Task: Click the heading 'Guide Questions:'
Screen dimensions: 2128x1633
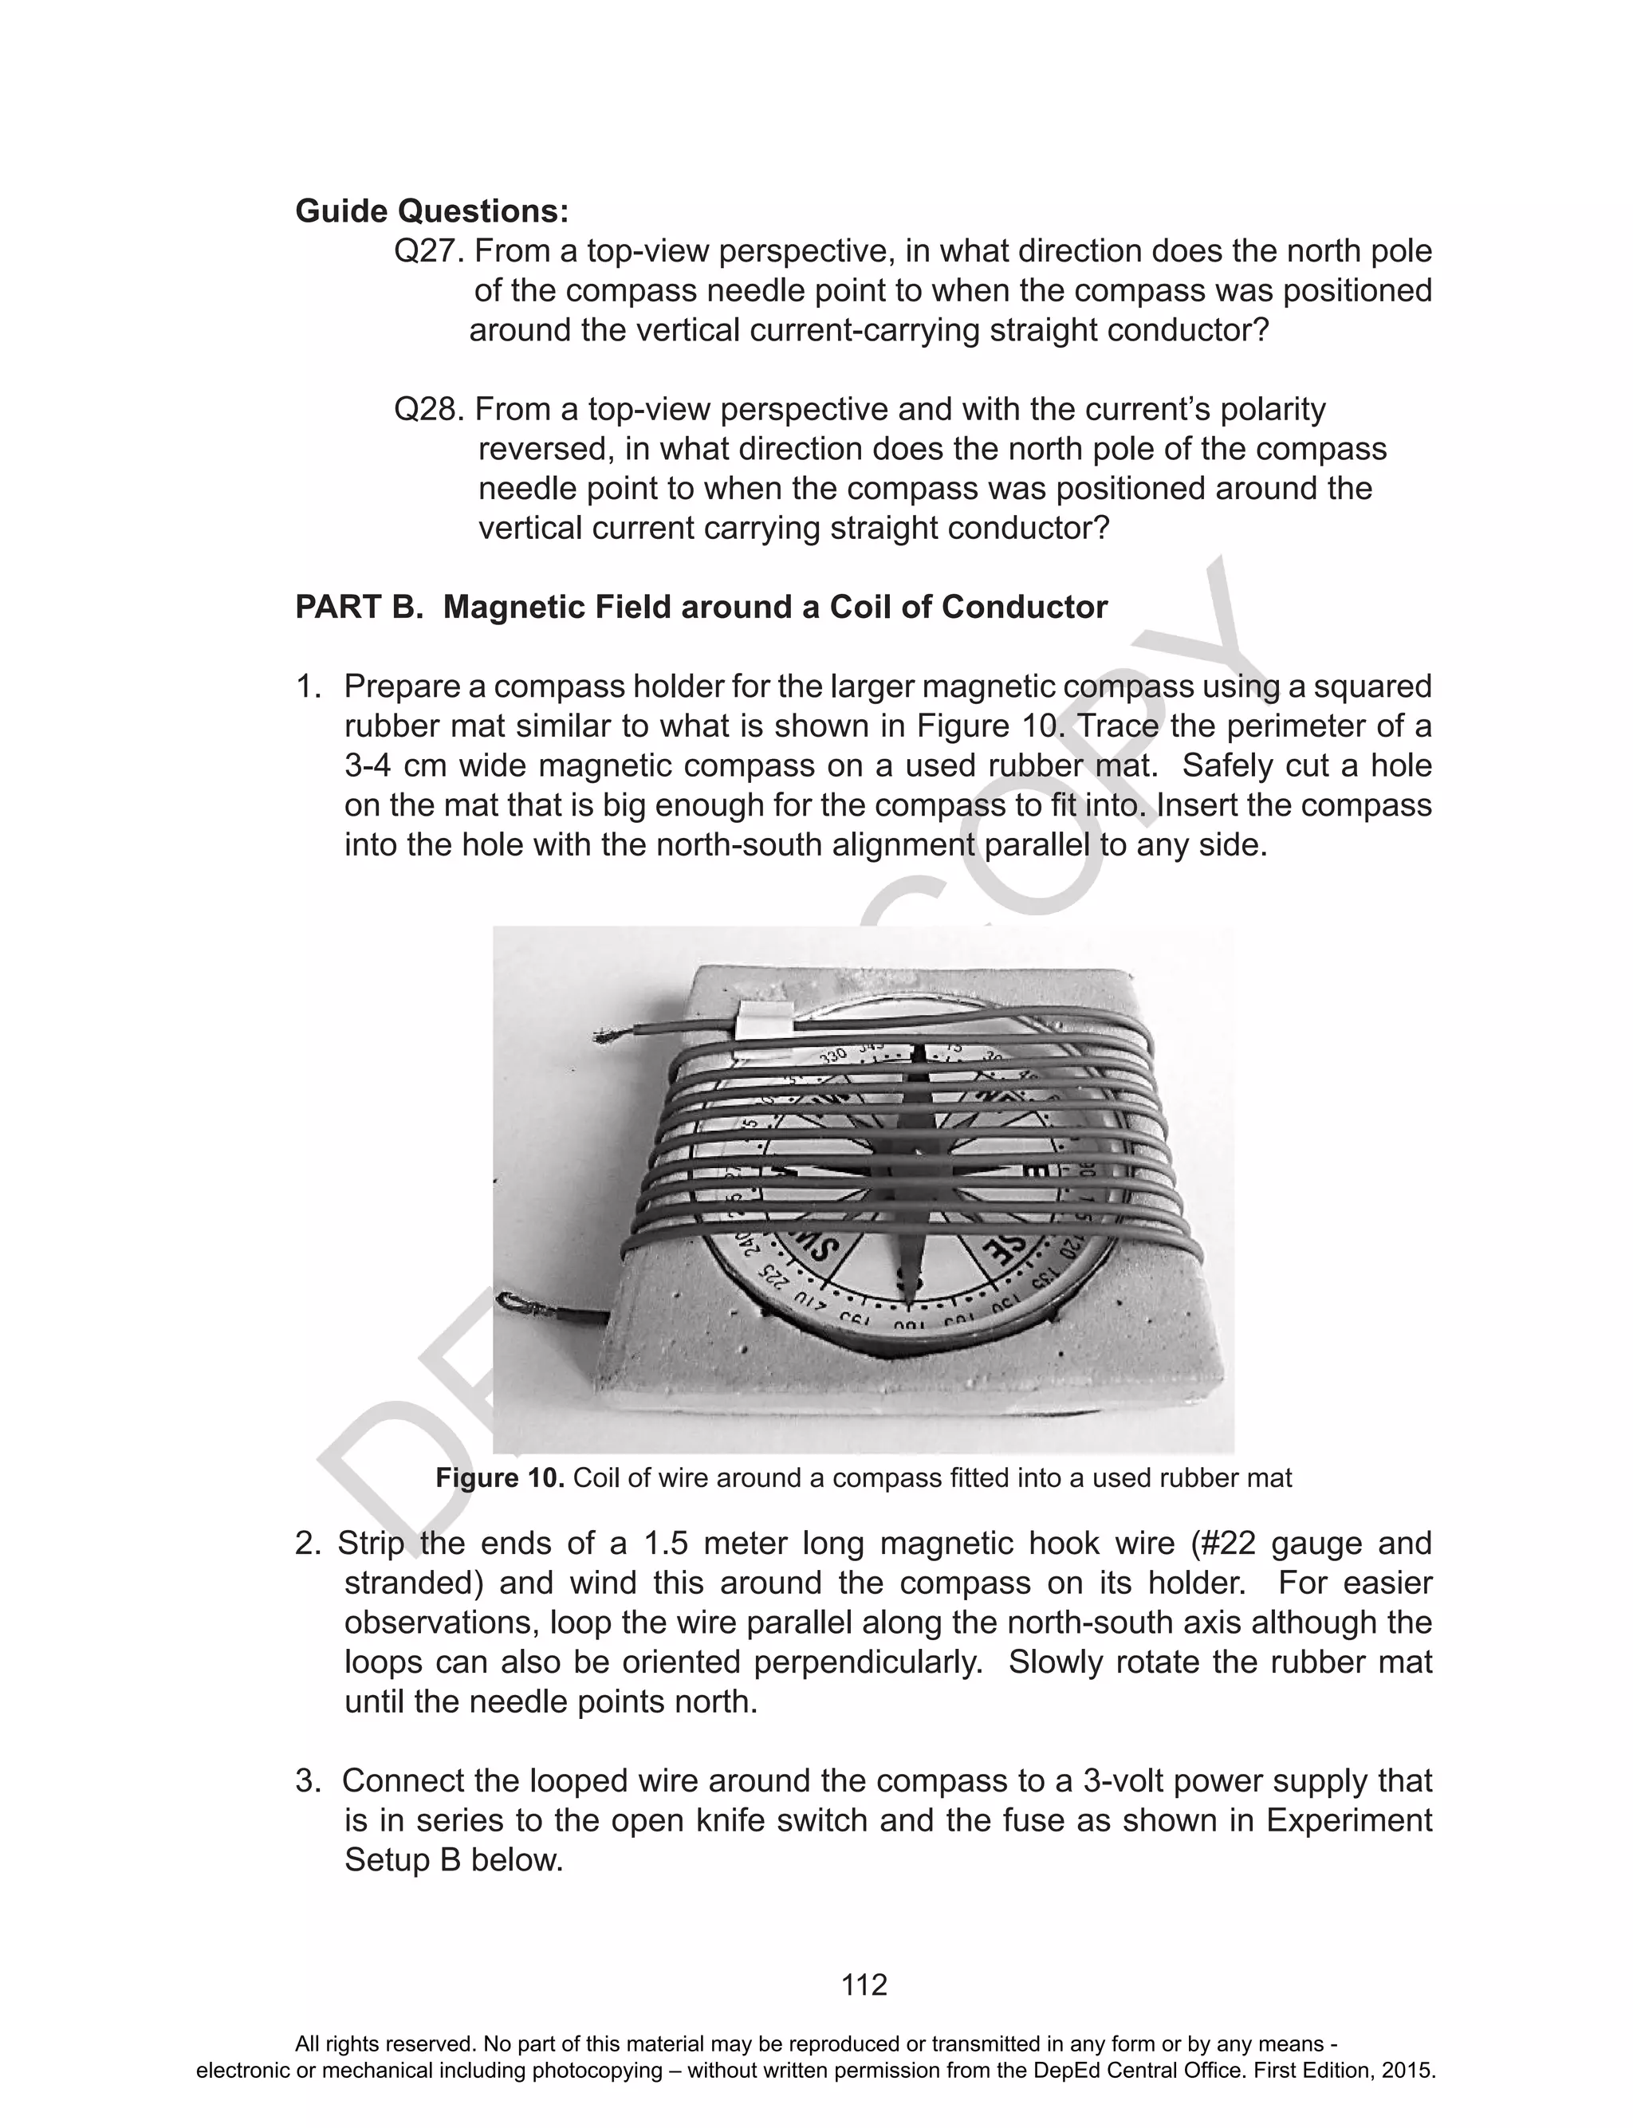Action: point(431,210)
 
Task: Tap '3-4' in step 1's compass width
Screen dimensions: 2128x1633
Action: point(369,765)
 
